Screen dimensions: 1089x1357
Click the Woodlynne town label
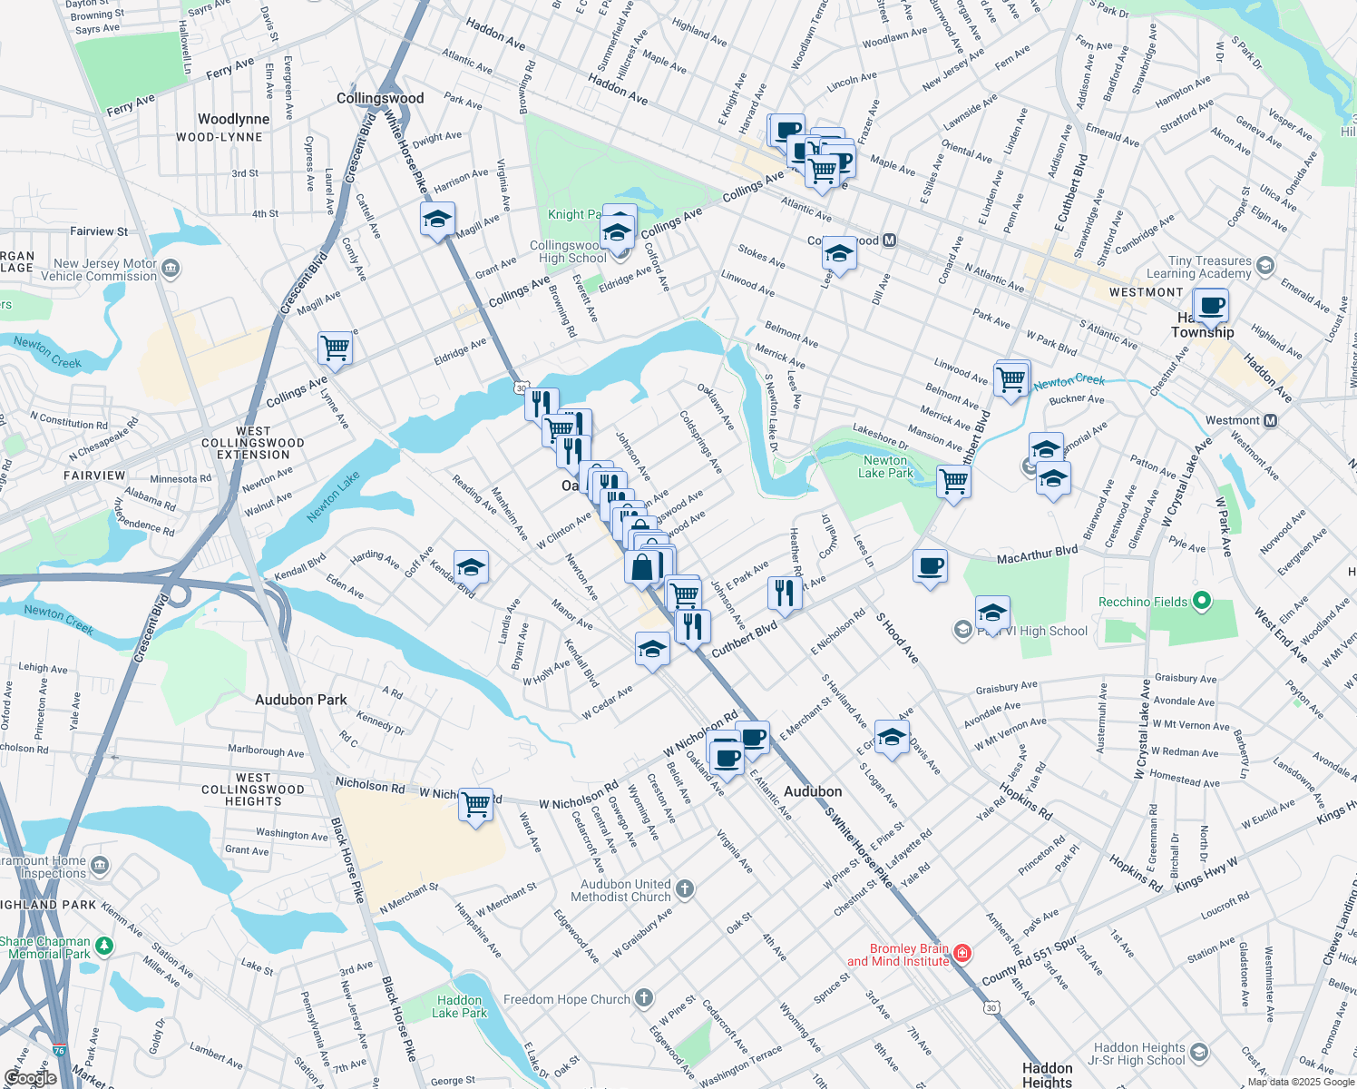coord(233,119)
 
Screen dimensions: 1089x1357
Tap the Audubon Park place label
coord(300,700)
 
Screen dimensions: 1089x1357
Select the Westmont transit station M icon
coord(1270,420)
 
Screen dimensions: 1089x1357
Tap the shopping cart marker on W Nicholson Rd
coord(475,804)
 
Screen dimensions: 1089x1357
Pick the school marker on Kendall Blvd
coord(471,568)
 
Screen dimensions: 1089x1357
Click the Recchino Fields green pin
coord(1202,601)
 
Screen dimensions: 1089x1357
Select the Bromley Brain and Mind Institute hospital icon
coord(962,953)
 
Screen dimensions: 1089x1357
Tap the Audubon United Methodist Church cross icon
coord(685,889)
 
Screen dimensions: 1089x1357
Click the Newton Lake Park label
coord(885,466)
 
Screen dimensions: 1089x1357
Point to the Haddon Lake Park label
coord(459,1006)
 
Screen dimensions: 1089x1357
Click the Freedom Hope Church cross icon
coord(643,999)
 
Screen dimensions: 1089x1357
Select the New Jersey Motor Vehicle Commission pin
coord(171,269)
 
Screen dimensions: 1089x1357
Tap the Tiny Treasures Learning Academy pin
coord(1265,266)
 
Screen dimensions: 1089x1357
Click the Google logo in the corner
coord(30,1078)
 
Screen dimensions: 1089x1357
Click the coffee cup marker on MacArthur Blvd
coord(930,566)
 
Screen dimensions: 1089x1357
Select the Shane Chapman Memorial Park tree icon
coord(104,947)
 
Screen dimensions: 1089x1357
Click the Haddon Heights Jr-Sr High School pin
coord(1199,1053)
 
